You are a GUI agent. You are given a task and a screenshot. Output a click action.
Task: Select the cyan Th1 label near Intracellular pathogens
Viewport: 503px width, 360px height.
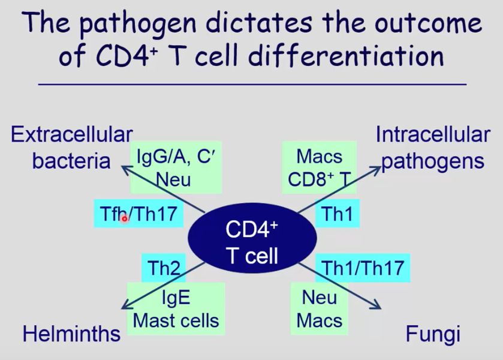337,214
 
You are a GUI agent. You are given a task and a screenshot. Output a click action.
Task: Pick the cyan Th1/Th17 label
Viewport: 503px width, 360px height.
363,268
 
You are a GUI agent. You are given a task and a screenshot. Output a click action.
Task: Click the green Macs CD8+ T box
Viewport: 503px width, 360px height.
320,167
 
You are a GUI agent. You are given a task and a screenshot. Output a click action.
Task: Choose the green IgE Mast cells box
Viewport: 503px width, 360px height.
176,309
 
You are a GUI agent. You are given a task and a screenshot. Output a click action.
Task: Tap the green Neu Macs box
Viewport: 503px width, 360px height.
320,308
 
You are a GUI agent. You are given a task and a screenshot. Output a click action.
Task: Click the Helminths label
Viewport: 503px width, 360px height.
71,334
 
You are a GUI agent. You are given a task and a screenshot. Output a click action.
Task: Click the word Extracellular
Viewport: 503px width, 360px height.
71,134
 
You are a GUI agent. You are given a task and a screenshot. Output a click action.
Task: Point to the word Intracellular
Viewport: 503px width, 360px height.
432,134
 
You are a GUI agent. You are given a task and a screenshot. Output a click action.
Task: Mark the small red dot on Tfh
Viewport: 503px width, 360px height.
125,219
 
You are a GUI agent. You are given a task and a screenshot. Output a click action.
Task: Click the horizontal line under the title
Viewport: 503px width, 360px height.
252,85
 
